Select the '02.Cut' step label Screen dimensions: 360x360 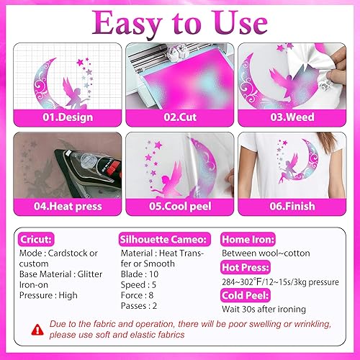[x=179, y=114]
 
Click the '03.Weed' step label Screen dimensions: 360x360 [x=297, y=114]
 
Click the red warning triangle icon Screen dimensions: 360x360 [x=35, y=329]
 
